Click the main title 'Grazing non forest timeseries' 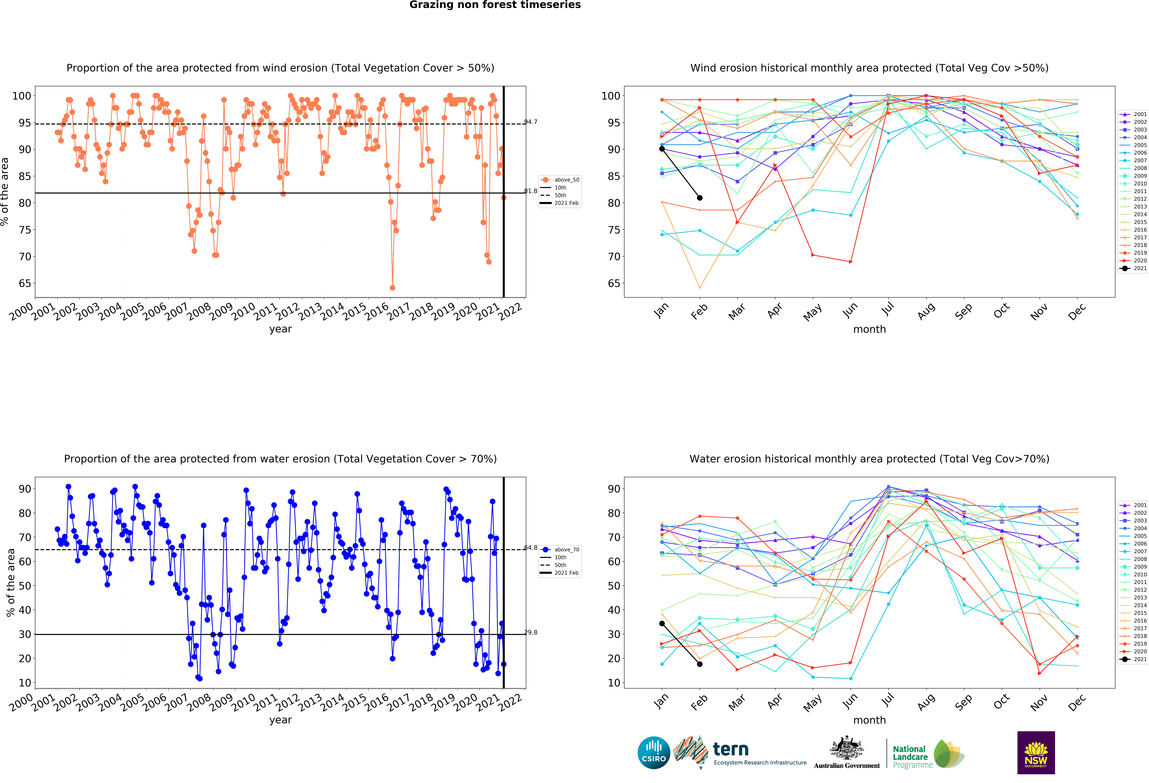coord(495,5)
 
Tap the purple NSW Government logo coord(1036,752)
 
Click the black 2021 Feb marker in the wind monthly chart coord(700,198)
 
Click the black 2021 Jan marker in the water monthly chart coord(662,623)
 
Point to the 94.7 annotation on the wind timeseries coord(531,122)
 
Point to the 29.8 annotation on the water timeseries coord(531,632)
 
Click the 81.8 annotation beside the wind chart coord(531,191)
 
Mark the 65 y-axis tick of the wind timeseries coord(25,283)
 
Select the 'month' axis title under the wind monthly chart coord(869,329)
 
